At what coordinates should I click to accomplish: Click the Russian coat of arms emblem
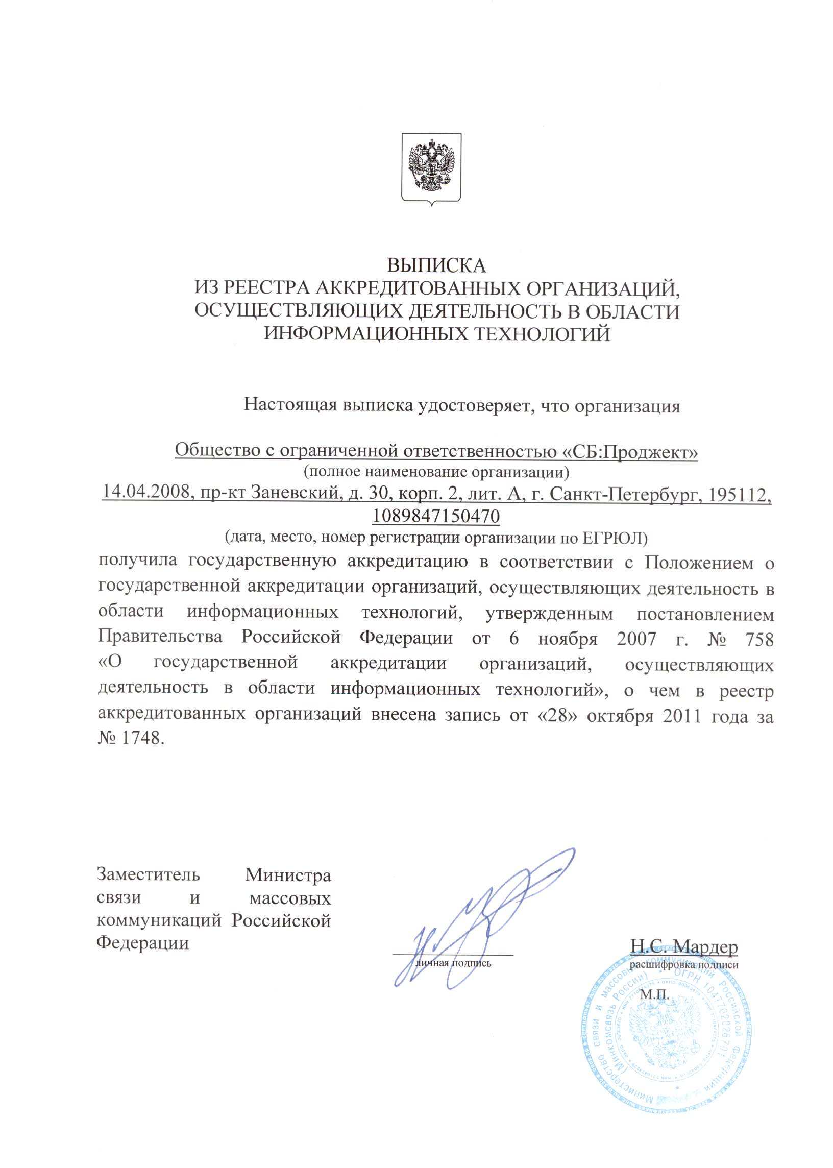431,169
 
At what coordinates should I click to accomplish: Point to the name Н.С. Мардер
684,946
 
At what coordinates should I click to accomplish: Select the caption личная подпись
453,963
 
